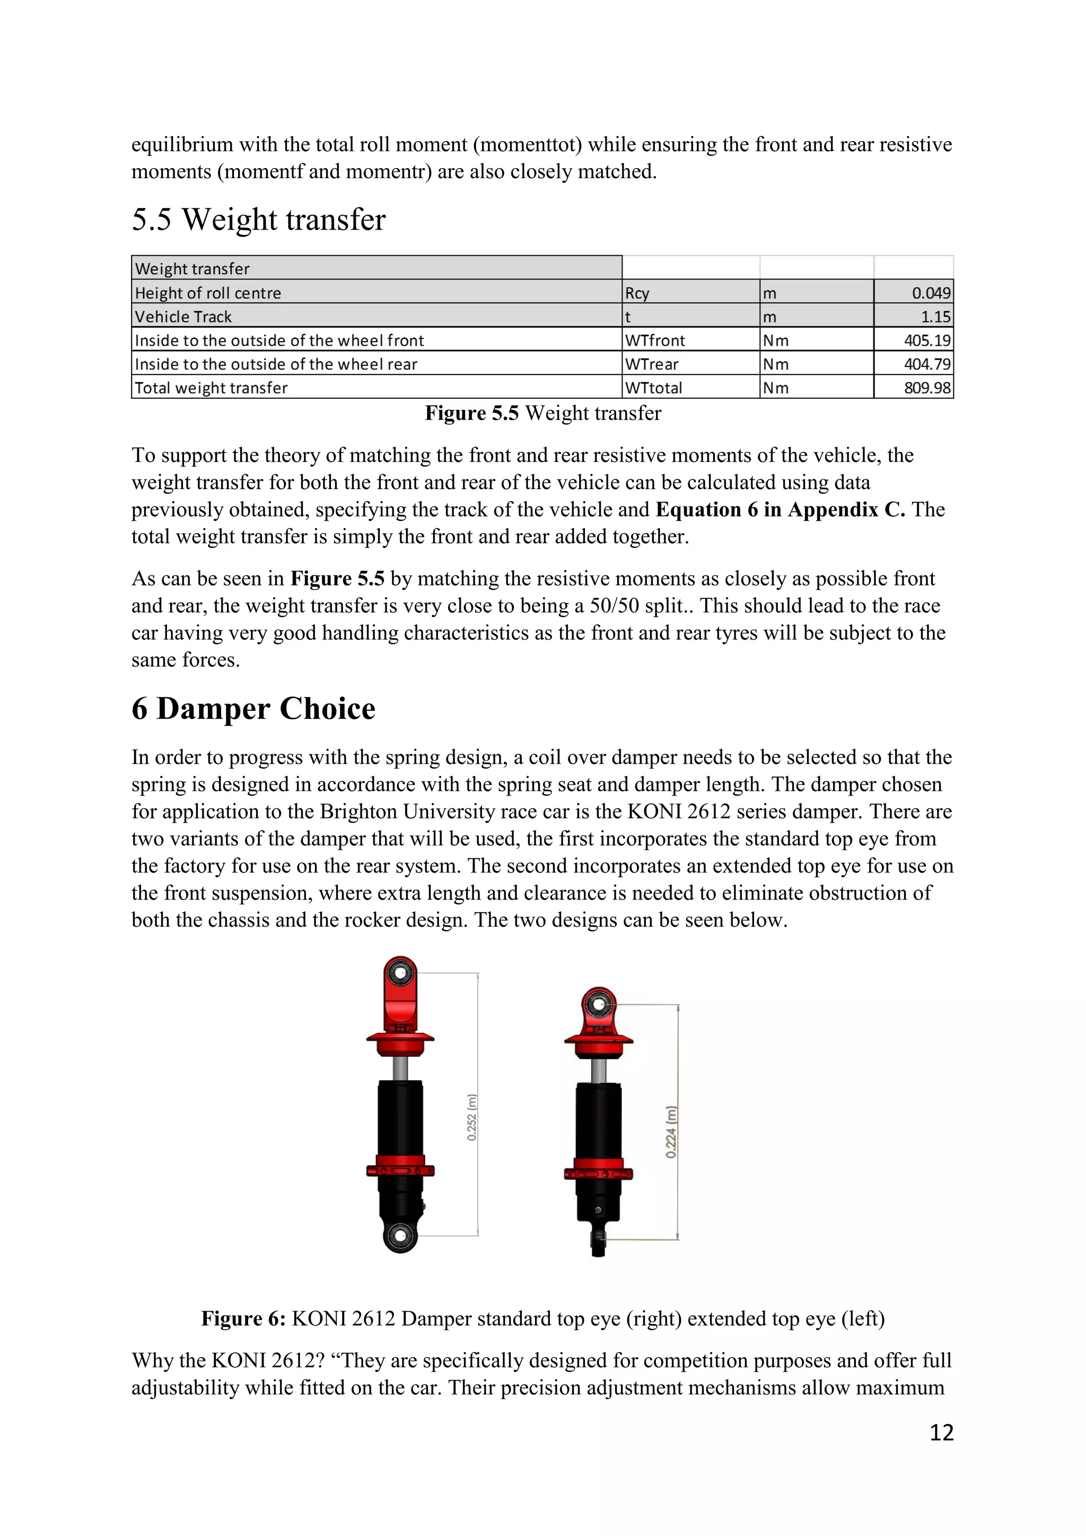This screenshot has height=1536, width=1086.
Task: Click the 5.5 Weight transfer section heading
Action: coord(258,220)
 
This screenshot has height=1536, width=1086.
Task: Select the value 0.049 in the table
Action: coord(930,292)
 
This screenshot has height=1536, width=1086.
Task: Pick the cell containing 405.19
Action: coord(926,340)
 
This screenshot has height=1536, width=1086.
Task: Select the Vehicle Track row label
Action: coord(183,317)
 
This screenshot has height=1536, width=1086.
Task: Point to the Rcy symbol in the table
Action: coord(637,293)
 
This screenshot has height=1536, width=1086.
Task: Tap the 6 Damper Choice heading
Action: coord(253,709)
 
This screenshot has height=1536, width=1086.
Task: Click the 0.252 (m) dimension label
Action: coord(472,1116)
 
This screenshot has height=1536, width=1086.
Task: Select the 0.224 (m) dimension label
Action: coord(671,1131)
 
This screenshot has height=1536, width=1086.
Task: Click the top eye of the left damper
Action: coord(400,972)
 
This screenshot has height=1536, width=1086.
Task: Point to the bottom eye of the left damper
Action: coord(400,1235)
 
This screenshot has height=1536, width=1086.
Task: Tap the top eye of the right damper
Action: coord(599,1003)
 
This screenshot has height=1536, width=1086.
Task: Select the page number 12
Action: coord(941,1432)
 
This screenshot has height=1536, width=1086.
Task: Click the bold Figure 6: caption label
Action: coord(243,1318)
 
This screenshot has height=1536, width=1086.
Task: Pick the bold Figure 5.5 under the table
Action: coord(471,413)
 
